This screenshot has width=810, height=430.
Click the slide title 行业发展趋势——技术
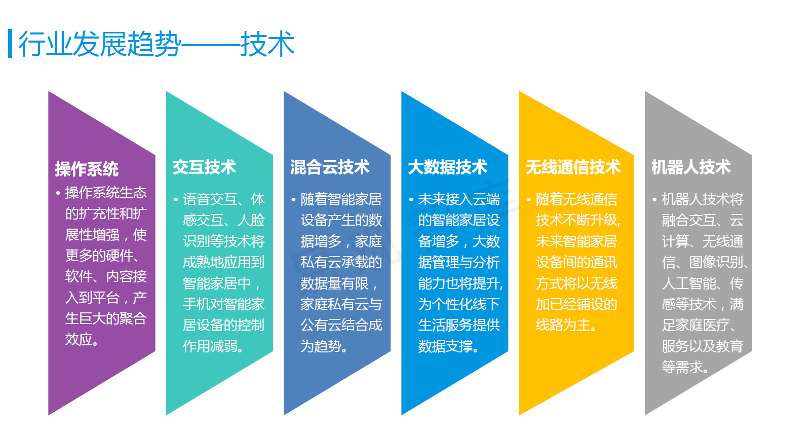[x=157, y=44]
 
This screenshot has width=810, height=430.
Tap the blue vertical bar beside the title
[x=10, y=44]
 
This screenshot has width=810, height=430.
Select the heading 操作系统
[x=87, y=169]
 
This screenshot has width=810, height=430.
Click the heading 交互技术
[x=204, y=167]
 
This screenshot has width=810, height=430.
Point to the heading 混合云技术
[x=330, y=167]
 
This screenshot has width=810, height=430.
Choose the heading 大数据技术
[x=448, y=167]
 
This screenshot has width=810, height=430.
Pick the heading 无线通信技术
[x=573, y=167]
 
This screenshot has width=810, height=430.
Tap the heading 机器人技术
[x=691, y=167]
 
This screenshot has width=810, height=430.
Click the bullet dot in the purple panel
[x=58, y=193]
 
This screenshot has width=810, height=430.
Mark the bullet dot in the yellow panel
[x=529, y=199]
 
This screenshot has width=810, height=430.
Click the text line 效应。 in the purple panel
[x=82, y=340]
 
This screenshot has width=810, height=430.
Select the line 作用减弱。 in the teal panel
[x=213, y=346]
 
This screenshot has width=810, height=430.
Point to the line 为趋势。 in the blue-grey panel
[x=324, y=346]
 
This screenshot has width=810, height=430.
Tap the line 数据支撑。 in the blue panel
[x=448, y=346]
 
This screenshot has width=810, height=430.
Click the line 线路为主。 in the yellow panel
[x=566, y=325]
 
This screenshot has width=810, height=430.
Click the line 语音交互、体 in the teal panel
[x=223, y=199]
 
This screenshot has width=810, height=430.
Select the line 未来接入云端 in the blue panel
[x=459, y=199]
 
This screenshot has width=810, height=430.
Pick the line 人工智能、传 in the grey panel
[x=703, y=283]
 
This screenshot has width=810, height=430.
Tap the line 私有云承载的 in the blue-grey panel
[x=341, y=262]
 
